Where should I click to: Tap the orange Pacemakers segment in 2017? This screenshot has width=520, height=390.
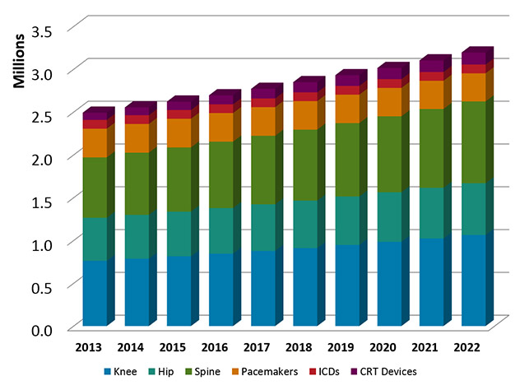[262, 121]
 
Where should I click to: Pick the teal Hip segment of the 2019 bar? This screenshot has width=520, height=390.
[346, 220]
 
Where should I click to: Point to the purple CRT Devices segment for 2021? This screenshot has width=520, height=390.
[431, 66]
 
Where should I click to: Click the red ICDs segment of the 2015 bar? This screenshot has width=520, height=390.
[178, 114]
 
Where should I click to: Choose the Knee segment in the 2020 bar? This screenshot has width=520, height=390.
[388, 283]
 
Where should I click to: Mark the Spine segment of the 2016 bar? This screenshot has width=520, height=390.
[221, 174]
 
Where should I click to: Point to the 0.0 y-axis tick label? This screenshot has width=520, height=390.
[44, 330]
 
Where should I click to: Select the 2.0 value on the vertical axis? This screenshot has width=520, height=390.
[44, 159]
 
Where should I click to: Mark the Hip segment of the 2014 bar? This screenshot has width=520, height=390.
[136, 236]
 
